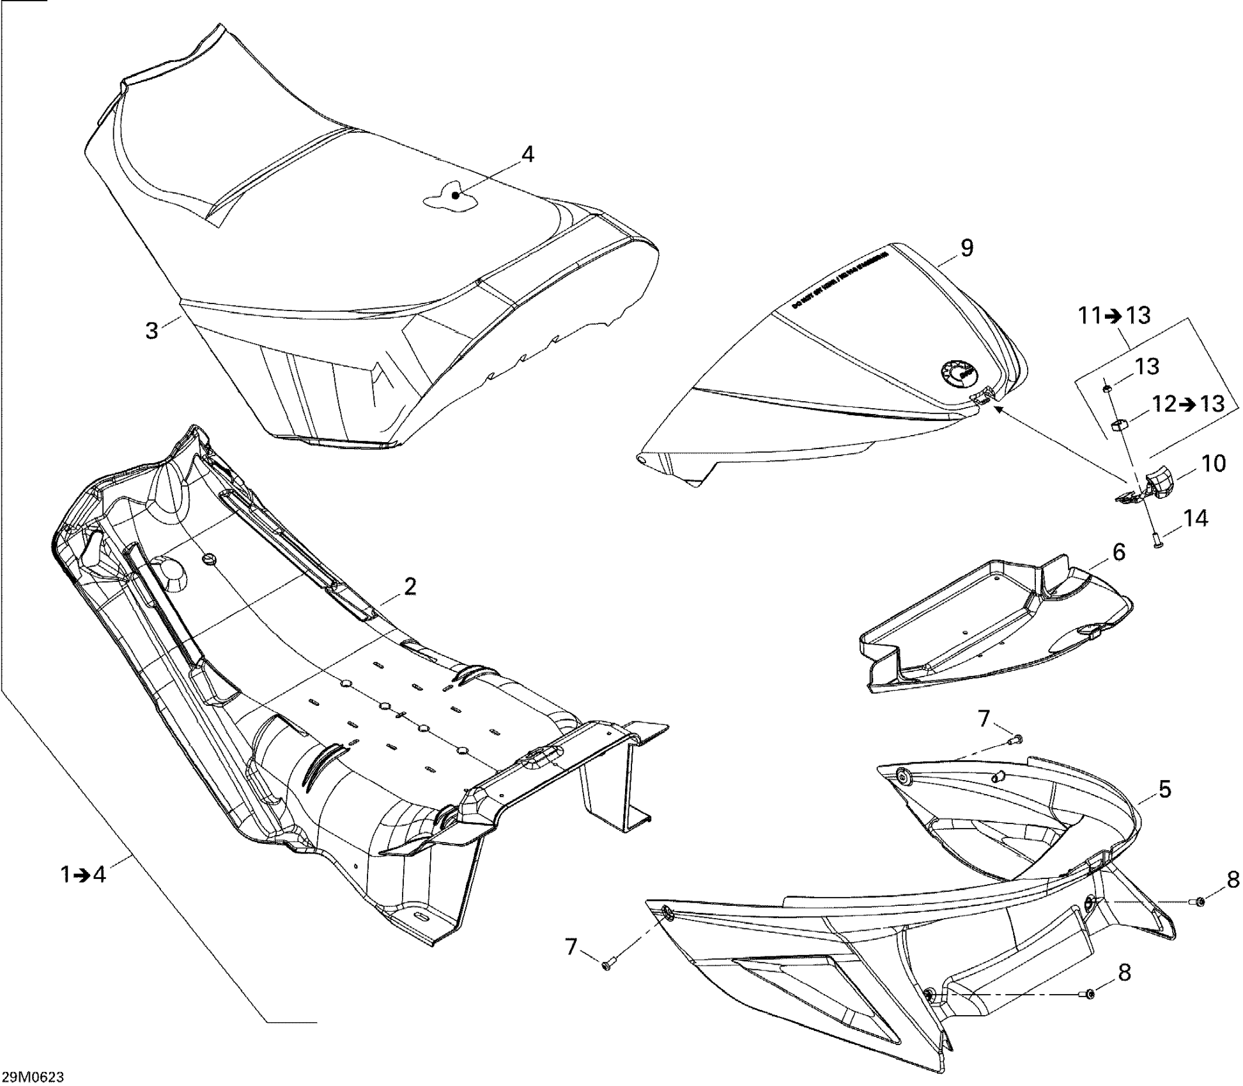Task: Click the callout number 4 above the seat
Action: (x=527, y=155)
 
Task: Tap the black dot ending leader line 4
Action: (x=456, y=195)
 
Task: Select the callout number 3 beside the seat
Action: (x=151, y=331)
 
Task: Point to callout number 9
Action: (x=967, y=248)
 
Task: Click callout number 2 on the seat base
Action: (x=410, y=586)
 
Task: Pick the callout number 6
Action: (x=1118, y=553)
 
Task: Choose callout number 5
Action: (x=1165, y=790)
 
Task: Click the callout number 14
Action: (x=1195, y=519)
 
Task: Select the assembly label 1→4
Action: (x=83, y=875)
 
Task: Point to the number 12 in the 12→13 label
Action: (x=1164, y=404)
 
